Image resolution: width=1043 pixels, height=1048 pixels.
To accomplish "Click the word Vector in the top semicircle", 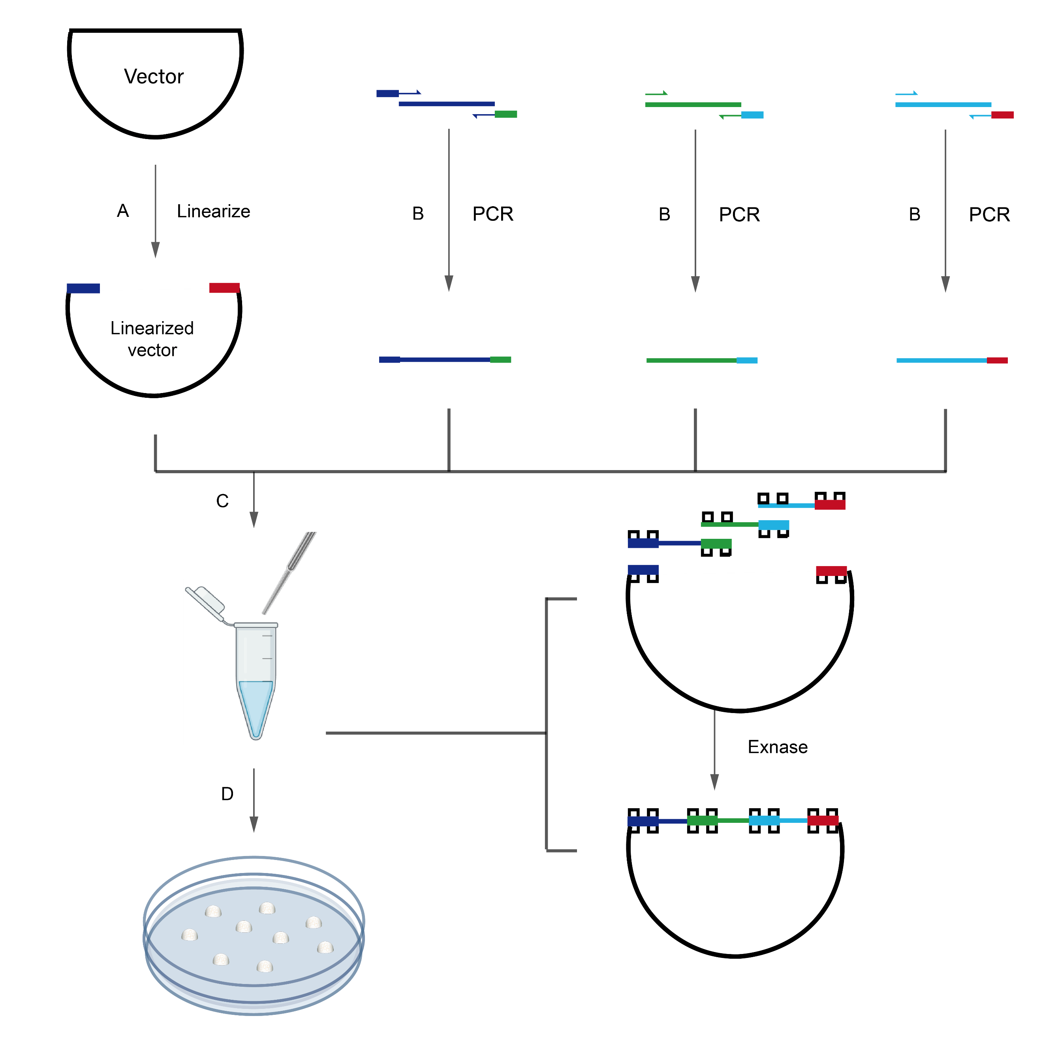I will [154, 77].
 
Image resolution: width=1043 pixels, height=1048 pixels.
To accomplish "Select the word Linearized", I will [152, 328].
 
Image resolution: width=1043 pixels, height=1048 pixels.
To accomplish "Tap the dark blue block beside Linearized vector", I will [83, 288].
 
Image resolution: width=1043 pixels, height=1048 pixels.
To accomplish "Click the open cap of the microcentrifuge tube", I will [205, 601].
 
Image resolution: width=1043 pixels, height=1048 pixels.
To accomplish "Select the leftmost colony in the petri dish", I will [189, 934].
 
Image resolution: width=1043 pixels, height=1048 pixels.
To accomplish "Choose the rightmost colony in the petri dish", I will [325, 947].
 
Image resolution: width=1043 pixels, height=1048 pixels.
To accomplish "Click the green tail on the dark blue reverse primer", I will [506, 115].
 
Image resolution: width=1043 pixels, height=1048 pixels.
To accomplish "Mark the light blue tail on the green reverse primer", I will [752, 115].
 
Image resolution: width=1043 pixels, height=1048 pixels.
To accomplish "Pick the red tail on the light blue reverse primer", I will [1002, 115].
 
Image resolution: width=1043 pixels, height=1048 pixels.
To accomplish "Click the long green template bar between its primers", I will [693, 105].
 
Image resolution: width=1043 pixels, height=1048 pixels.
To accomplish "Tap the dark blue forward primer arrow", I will [410, 93].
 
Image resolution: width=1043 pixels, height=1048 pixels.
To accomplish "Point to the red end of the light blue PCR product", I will [997, 361].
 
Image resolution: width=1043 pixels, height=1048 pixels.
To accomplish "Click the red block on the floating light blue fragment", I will [830, 505].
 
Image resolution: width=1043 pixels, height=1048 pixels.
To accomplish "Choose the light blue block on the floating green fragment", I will [773, 525].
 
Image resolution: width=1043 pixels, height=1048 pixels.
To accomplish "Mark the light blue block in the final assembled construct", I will [764, 820].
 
